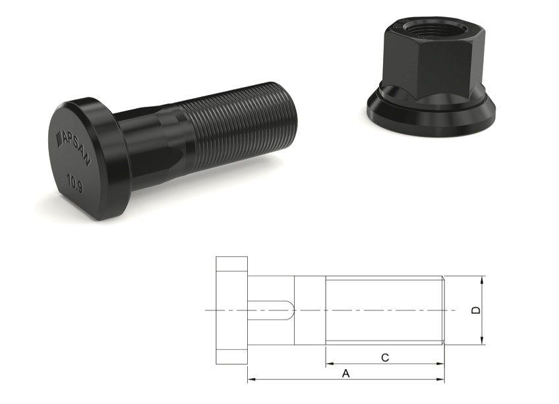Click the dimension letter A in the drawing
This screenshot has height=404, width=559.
coord(345,374)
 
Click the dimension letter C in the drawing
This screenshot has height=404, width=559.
coord(386,357)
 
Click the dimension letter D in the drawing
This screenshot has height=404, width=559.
coord(477,310)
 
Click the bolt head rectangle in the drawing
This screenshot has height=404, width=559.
coord(231,310)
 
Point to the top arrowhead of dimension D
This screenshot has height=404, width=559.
coord(483,280)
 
